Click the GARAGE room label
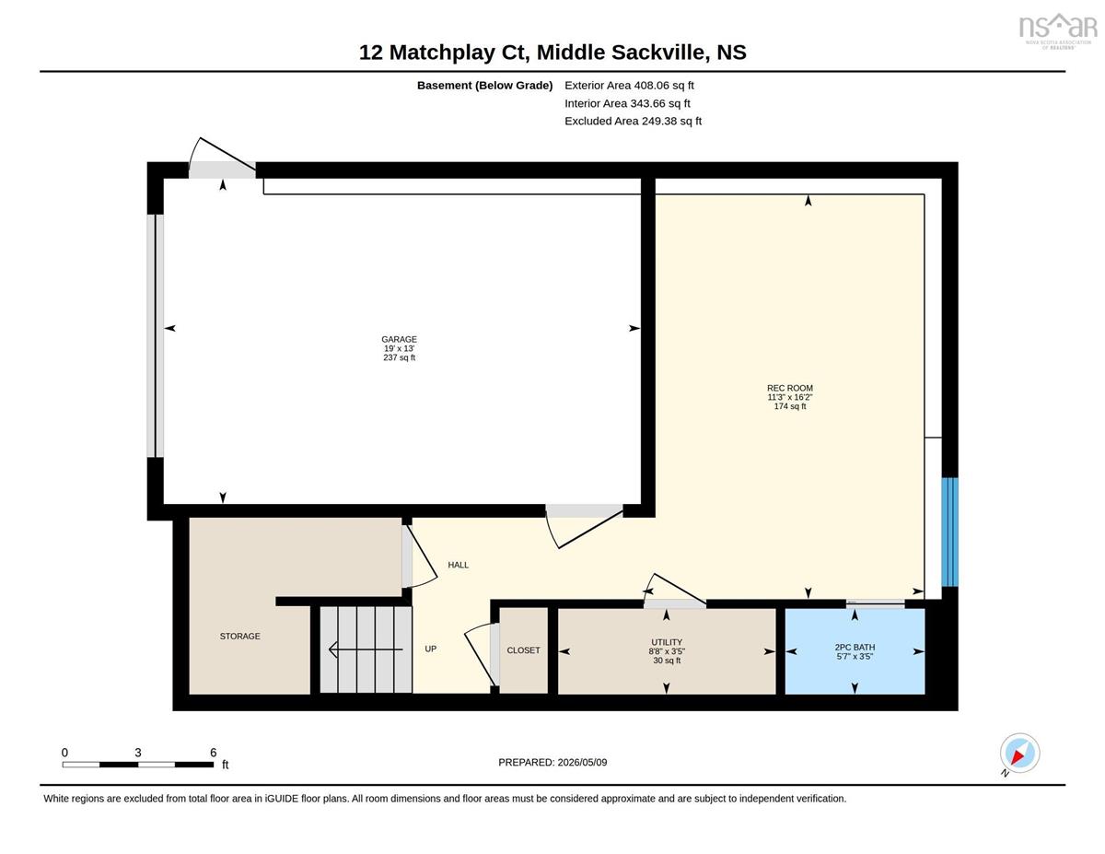[x=400, y=339]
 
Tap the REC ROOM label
[x=790, y=388]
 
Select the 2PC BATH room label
[x=855, y=647]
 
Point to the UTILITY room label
[x=667, y=642]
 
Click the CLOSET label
[x=523, y=650]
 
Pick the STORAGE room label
[x=239, y=637]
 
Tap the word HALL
[x=459, y=565]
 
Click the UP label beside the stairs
[x=431, y=649]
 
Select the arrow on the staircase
[x=366, y=649]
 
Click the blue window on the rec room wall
[x=950, y=532]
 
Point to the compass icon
[x=1019, y=754]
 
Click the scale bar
[x=138, y=765]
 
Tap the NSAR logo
[x=1058, y=30]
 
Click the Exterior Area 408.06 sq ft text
[x=629, y=86]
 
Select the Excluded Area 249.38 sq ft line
[x=634, y=121]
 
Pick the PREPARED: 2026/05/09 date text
[x=552, y=763]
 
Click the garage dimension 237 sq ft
[x=400, y=357]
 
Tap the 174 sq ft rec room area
[x=790, y=406]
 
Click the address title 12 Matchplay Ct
[x=444, y=53]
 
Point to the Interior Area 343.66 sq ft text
[x=627, y=103]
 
